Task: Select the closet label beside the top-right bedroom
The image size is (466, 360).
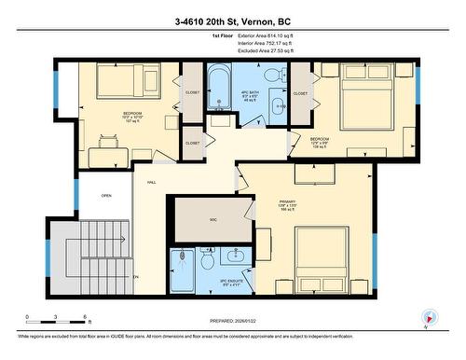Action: (x=300, y=93)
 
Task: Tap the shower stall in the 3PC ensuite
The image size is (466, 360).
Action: (x=185, y=269)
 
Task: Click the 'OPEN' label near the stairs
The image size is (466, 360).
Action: (x=106, y=196)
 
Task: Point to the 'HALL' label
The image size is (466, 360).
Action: (x=151, y=182)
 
